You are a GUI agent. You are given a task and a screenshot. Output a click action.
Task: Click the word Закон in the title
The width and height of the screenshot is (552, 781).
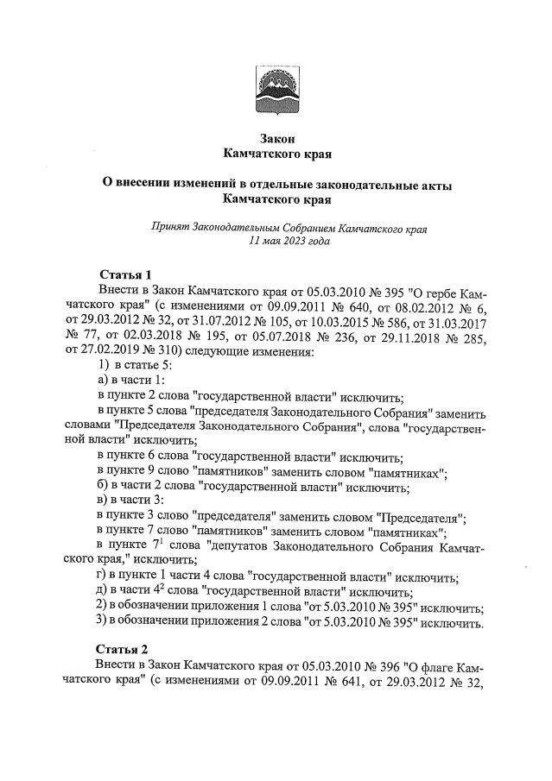[x=277, y=139]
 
